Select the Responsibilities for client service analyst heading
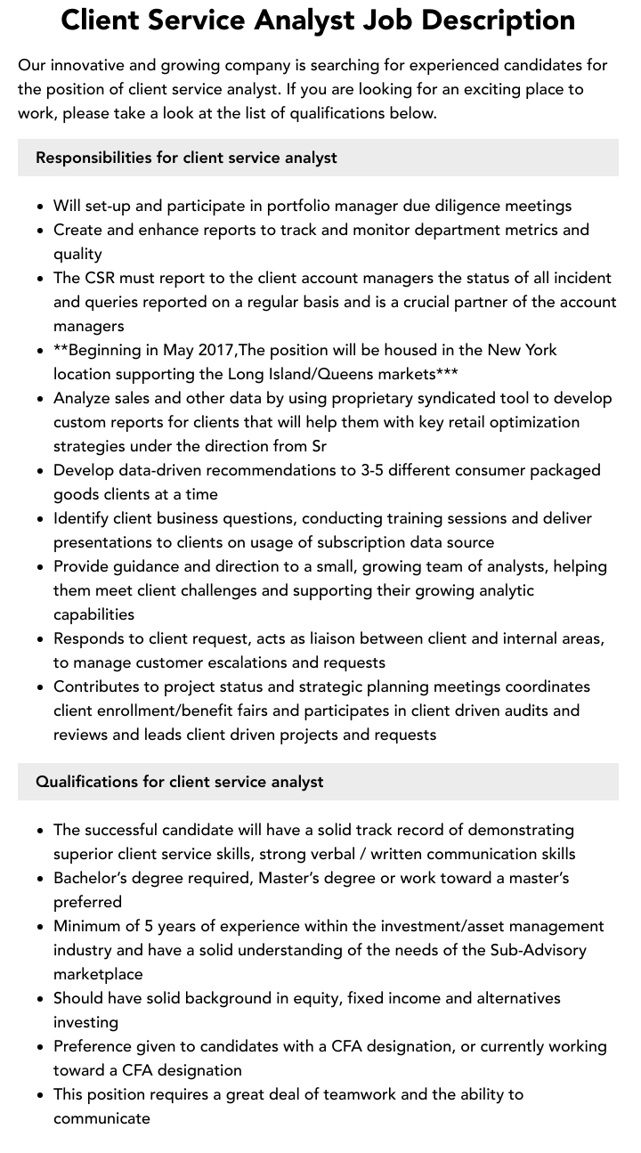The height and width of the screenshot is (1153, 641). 186,158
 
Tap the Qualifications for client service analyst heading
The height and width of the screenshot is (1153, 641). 179,782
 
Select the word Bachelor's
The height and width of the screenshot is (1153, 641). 89,878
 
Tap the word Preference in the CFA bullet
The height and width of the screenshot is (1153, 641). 92,1046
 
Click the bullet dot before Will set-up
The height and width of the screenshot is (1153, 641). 41,207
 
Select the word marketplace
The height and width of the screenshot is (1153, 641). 98,974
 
